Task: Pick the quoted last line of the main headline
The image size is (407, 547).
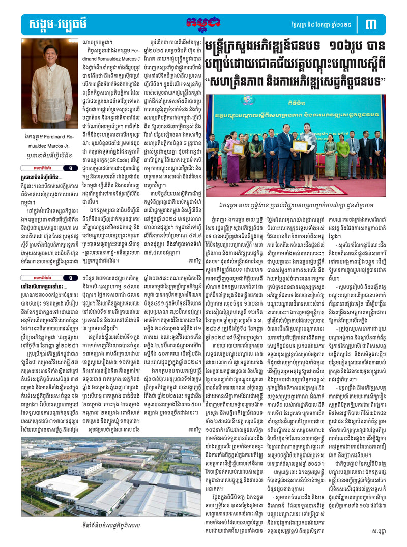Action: point(296,80)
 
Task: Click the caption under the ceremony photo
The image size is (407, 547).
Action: point(295,205)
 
